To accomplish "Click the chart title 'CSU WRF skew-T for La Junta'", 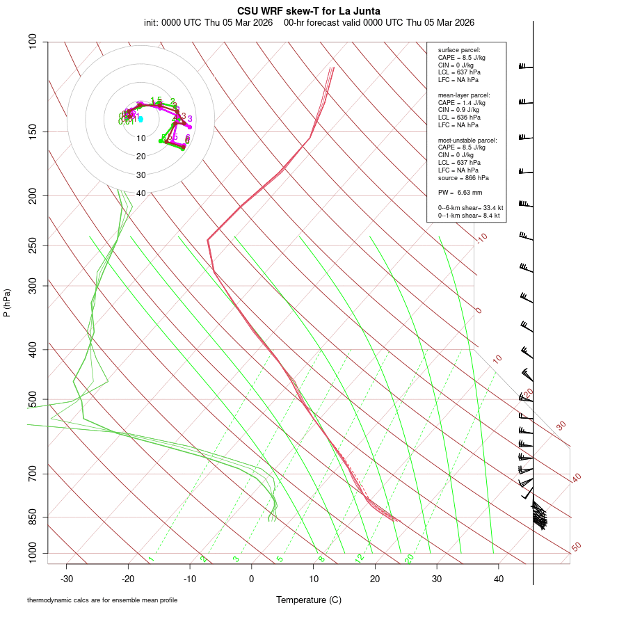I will point(309,11).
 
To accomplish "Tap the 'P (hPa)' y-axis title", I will point(7,303).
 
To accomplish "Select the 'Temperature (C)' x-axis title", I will point(309,600).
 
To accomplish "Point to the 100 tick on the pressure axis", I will point(32,42).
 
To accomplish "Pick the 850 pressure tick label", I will point(32,517).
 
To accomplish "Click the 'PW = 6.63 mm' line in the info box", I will point(460,192).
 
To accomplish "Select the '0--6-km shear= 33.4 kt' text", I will point(470,207).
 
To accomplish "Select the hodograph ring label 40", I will point(141,193).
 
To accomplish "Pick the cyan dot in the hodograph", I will point(141,119).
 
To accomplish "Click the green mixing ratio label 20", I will point(410,558).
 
